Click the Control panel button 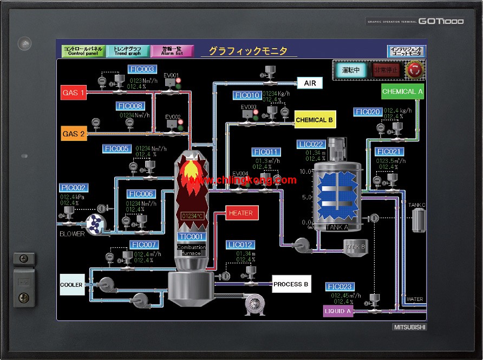coord(83,51)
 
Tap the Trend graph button coord(127,51)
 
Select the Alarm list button coord(172,51)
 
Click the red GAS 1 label coord(74,93)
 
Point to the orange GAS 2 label coord(74,134)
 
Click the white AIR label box coord(310,83)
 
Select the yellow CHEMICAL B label coord(315,120)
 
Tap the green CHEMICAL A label coord(402,91)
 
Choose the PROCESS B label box coord(291,284)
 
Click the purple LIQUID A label coord(338,311)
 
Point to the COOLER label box coord(72,285)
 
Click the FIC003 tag coord(142,69)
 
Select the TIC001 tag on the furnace coord(191,237)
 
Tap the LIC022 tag coord(311,144)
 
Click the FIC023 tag coord(340,286)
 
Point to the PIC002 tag coord(73,188)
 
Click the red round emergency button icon coord(415,69)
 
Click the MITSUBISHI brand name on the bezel coord(409,327)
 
